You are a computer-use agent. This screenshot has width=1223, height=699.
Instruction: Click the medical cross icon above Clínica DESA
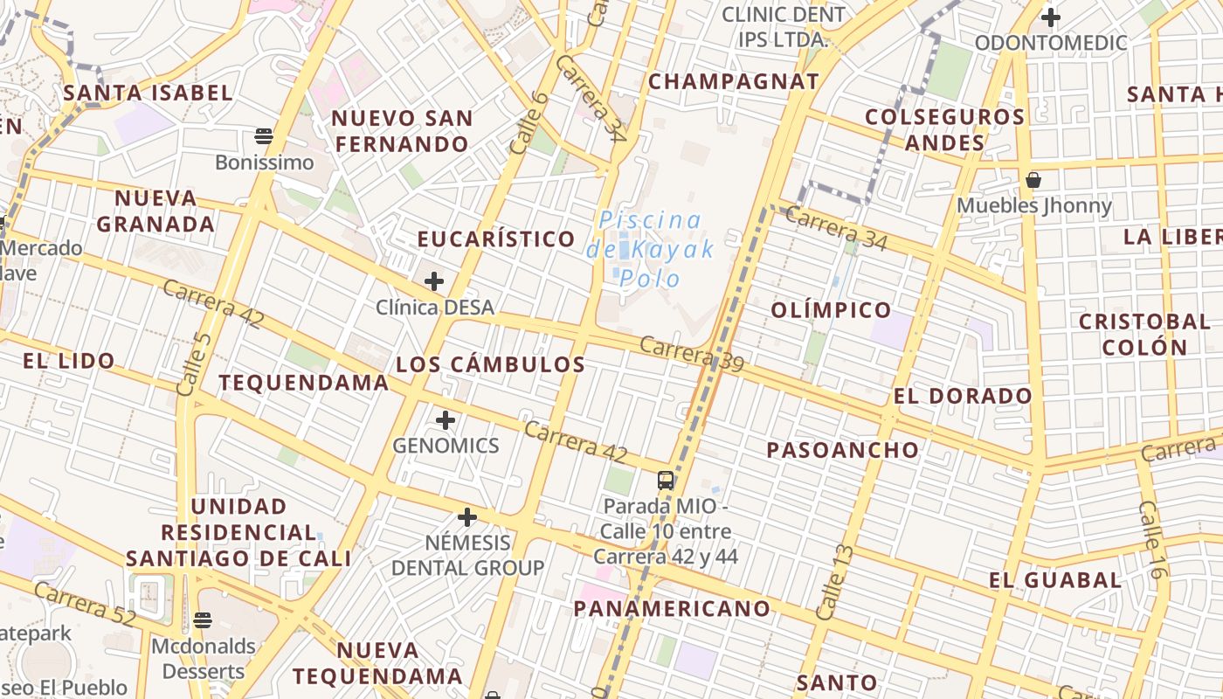434,281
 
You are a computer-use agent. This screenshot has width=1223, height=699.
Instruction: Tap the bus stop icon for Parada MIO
666,480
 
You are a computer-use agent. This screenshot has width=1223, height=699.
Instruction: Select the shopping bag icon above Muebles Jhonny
1033,180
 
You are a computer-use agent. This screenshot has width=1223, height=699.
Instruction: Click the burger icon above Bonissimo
264,135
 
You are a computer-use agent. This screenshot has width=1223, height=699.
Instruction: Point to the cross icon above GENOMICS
446,420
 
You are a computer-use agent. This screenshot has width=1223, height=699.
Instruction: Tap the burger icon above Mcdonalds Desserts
203,620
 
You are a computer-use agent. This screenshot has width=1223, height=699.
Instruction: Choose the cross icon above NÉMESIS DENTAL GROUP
467,517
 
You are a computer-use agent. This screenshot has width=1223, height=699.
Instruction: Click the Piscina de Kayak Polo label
650,249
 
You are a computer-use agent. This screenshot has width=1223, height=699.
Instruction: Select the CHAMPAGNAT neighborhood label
734,82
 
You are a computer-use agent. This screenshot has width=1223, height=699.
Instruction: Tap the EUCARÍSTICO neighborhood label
496,239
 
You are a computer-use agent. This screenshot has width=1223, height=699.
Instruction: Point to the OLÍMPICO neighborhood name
831,310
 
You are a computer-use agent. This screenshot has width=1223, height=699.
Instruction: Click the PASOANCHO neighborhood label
843,451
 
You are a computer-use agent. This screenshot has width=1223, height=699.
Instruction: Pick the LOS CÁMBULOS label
491,365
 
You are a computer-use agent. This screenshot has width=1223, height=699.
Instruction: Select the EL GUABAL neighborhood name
1055,580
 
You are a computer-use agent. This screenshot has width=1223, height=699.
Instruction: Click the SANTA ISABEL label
149,93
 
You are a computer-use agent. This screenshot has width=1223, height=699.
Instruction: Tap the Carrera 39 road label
691,354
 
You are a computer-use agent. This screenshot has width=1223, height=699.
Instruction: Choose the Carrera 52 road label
86,604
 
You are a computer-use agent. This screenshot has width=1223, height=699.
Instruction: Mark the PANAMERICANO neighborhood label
673,609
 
